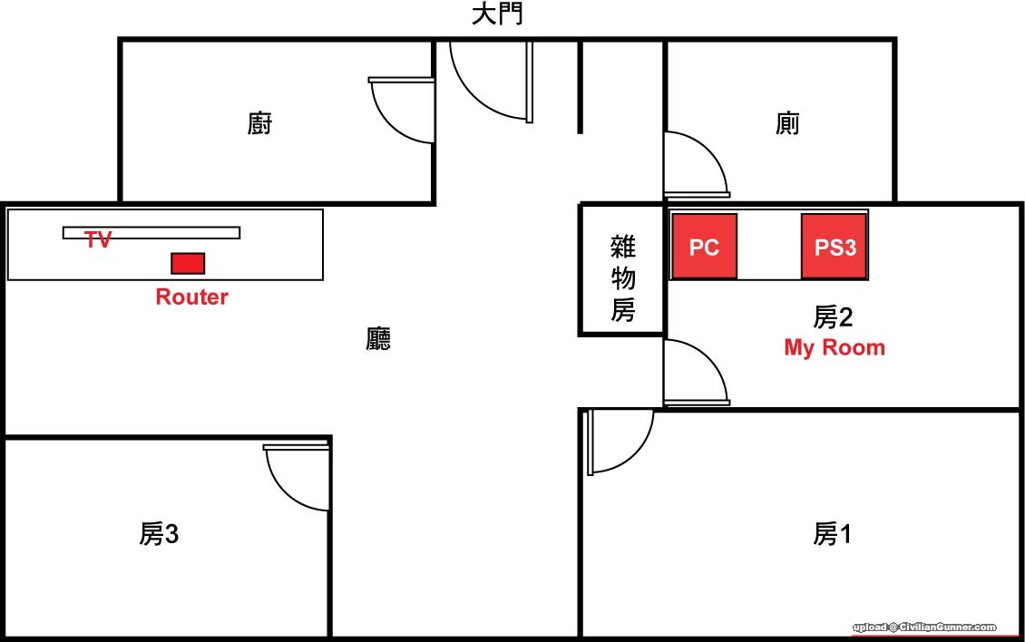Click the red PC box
click(x=704, y=247)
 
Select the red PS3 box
click(x=835, y=247)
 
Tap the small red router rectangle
click(x=188, y=263)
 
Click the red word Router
click(x=191, y=297)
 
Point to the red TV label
click(x=98, y=240)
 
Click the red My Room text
click(x=835, y=347)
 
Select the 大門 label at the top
click(x=497, y=15)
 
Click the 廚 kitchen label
click(x=259, y=123)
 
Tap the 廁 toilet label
click(x=787, y=123)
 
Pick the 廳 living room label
click(x=378, y=339)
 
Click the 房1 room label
click(x=832, y=534)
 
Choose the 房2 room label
click(x=832, y=316)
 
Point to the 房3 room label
click(x=159, y=534)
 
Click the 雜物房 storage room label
click(x=623, y=277)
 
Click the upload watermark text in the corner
click(x=923, y=627)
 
